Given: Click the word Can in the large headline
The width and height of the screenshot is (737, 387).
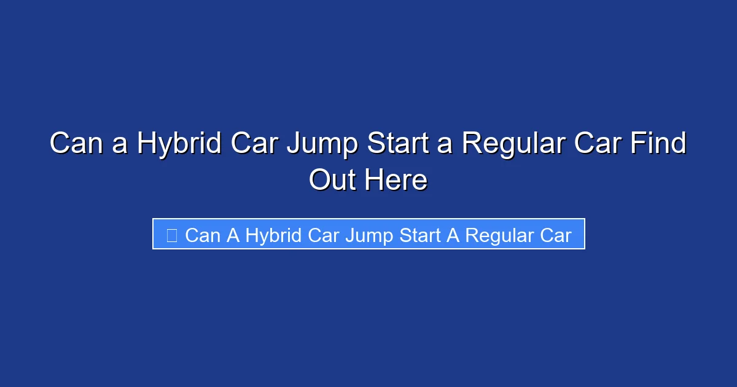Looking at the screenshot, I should pos(74,144).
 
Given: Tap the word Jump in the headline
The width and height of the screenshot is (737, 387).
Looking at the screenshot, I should pos(324,144).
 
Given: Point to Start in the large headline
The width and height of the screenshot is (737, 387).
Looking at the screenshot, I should pos(402,144).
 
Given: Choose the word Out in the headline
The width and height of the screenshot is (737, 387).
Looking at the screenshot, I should pos(332,180).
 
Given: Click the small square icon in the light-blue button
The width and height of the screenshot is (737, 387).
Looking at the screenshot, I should pos(172,235).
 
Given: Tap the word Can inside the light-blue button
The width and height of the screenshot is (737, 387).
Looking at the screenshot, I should pos(203,235).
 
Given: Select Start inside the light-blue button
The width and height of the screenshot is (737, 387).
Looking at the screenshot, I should pos(420,235).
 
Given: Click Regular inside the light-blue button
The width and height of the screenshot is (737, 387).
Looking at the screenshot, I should pos(497,235).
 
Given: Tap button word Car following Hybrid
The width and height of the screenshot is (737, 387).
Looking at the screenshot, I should pos(322,235).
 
